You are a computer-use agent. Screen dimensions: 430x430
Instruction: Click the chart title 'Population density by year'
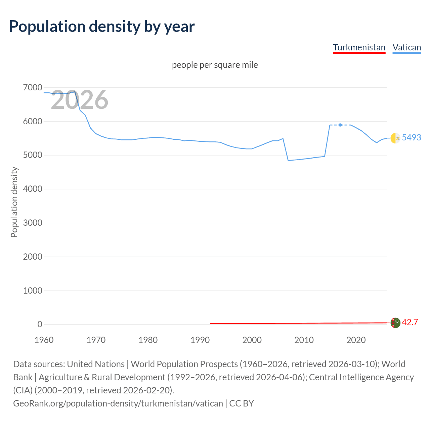tap(102, 27)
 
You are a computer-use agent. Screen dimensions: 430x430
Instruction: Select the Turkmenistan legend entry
tap(359, 47)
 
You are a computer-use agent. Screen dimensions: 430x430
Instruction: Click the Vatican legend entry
tap(406, 47)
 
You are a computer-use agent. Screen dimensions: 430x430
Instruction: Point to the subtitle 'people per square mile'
tap(215, 65)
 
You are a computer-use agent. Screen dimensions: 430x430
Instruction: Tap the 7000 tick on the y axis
tap(33, 88)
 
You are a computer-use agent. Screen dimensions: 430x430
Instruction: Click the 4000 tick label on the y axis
tap(33, 189)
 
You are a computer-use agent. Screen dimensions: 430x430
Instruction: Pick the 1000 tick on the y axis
tap(33, 291)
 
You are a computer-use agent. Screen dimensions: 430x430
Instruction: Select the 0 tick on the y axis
tap(40, 325)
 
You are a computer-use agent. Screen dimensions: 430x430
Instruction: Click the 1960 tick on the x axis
tap(44, 340)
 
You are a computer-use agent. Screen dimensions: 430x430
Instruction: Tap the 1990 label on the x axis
tap(200, 340)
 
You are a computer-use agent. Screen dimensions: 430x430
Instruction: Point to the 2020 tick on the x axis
tap(356, 340)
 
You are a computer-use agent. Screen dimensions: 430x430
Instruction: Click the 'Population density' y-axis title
tap(14, 202)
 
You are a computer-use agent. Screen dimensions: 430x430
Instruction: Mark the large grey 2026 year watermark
tap(80, 100)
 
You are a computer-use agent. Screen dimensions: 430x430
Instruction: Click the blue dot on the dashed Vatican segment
tap(340, 125)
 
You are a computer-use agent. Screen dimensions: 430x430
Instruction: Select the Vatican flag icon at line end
tap(395, 138)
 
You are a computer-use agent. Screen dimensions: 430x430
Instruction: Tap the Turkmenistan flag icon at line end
tap(395, 322)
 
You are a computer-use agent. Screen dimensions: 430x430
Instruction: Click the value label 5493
tap(411, 137)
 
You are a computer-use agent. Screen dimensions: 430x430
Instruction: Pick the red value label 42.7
tap(410, 322)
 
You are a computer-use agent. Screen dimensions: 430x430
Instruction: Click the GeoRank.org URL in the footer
tap(118, 403)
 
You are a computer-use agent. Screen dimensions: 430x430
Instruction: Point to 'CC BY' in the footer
tap(242, 403)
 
